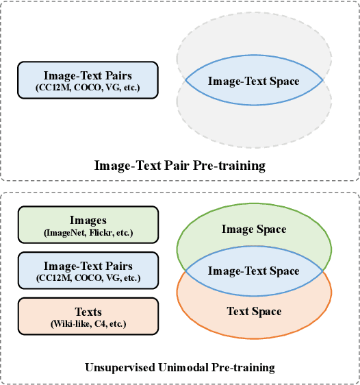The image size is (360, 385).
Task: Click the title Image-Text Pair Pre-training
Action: [179, 165]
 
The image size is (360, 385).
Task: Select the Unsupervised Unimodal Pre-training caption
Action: [179, 367]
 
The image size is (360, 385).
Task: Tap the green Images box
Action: [88, 225]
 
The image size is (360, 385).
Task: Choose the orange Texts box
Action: [88, 316]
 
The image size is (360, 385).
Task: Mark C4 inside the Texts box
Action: [100, 323]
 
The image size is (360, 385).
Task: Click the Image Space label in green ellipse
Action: [254, 229]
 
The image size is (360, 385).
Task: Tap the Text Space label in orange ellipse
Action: [254, 311]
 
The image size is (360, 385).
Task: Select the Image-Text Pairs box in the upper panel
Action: [88, 80]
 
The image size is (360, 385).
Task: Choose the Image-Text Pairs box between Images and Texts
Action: [88, 271]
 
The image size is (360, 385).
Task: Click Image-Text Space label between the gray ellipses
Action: [254, 81]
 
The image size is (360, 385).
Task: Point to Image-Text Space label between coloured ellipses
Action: [254, 271]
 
